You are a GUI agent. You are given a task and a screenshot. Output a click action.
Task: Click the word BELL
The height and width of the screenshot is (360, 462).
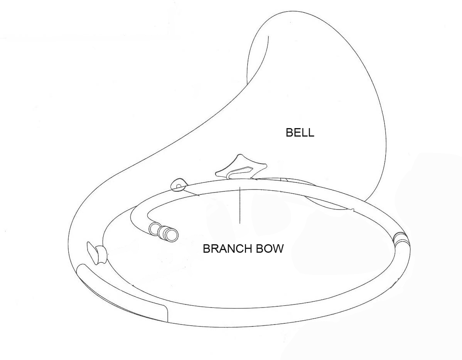[300, 132]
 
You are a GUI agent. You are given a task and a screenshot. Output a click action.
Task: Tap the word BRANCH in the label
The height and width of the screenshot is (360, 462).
[228, 249]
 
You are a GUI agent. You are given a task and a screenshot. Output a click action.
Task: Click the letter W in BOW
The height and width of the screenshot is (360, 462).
[278, 249]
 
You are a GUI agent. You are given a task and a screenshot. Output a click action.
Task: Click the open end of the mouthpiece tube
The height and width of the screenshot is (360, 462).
[171, 235]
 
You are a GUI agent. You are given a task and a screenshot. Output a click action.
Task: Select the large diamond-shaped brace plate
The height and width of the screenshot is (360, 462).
[241, 167]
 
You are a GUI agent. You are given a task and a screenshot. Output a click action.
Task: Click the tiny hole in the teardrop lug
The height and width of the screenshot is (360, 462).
[178, 186]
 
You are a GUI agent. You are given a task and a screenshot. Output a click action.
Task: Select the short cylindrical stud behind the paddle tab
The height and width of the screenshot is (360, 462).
[101, 254]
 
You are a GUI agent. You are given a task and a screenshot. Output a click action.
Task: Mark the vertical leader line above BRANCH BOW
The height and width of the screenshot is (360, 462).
[240, 205]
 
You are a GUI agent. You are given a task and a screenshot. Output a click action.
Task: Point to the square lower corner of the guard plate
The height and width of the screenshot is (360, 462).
[167, 321]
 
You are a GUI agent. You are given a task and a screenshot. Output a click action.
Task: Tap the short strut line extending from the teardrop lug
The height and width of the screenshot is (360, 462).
[192, 193]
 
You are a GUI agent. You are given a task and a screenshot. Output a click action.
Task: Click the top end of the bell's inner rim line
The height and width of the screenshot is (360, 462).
[268, 36]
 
